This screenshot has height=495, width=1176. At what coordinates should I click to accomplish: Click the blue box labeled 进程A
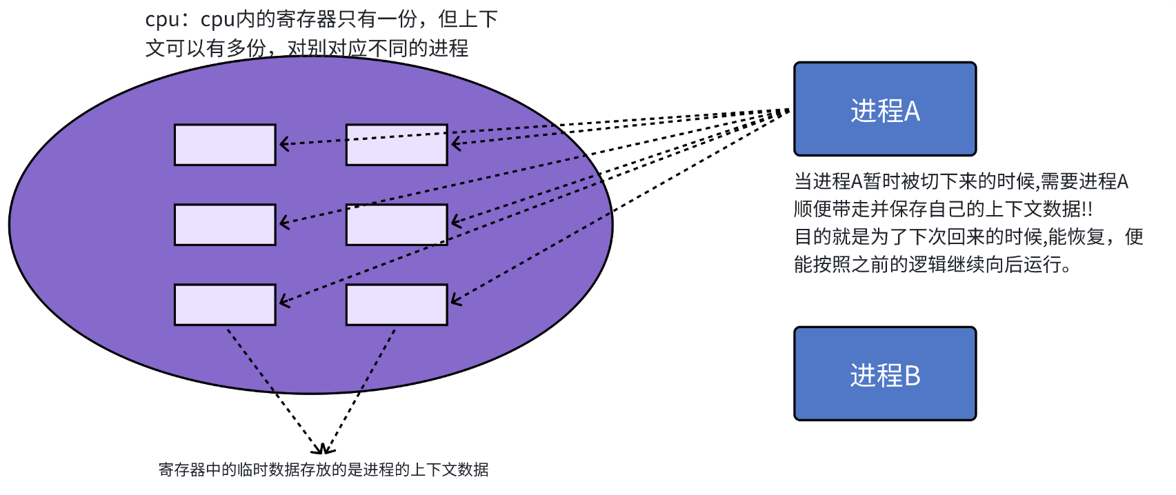pos(885,109)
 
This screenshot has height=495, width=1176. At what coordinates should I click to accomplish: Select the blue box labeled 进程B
pos(885,374)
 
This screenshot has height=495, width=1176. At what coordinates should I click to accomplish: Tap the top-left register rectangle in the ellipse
pos(225,145)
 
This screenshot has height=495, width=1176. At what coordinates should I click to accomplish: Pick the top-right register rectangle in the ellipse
pos(397,145)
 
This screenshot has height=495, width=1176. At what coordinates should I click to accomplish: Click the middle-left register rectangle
pos(225,225)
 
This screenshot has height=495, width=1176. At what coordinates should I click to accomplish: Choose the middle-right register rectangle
pos(397,225)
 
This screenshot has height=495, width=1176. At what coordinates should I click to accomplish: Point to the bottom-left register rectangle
pos(225,305)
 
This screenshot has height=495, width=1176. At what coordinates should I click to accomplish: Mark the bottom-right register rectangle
pos(397,305)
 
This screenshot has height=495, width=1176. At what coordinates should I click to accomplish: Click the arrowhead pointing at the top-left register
pos(283,144)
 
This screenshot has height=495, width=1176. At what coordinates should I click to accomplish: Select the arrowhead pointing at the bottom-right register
pos(455,300)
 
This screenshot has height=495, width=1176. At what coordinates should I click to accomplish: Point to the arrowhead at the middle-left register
pos(283,223)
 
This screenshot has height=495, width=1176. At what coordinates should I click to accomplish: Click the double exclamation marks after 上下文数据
pos(1087,209)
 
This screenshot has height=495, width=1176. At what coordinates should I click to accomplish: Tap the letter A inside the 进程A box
pos(912,111)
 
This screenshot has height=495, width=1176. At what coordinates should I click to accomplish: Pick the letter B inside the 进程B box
pos(912,376)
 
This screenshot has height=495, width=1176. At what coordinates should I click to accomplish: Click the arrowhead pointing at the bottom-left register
pos(283,302)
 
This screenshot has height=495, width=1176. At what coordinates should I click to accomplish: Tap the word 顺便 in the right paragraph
pos(813,209)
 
